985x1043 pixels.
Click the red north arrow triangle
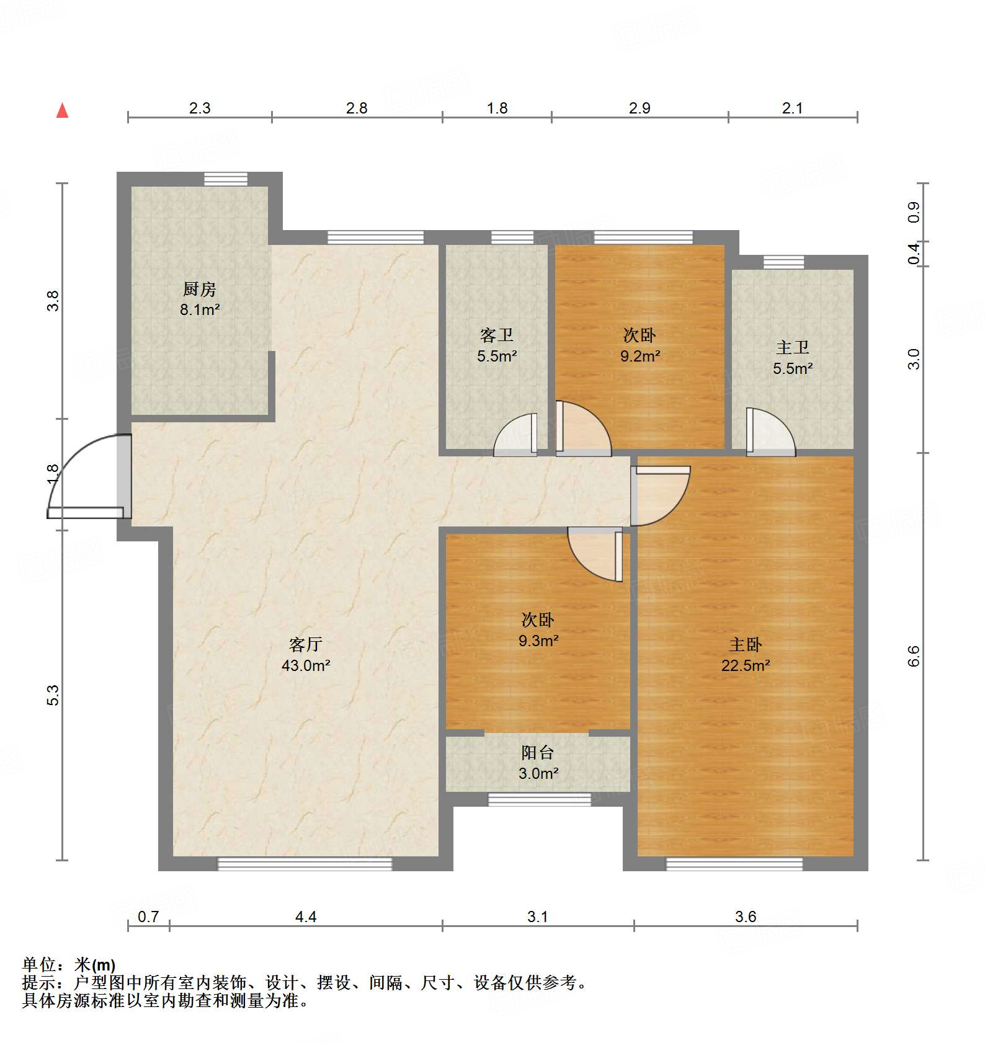[x=63, y=111]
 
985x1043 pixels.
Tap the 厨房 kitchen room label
[x=200, y=289]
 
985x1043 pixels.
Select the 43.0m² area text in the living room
[x=306, y=666]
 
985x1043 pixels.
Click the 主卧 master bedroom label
[x=745, y=645]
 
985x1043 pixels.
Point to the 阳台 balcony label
[x=538, y=753]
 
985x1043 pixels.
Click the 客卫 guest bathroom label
[x=497, y=335]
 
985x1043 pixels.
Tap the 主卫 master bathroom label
[x=792, y=348]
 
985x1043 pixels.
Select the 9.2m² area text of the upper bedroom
[x=640, y=357]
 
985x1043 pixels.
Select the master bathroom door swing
[x=770, y=432]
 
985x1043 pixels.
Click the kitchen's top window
[x=226, y=179]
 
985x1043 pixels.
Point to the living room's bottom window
[x=305, y=864]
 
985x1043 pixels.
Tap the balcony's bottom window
[x=539, y=799]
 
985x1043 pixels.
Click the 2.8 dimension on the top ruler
[x=357, y=109]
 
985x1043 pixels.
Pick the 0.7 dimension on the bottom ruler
[x=148, y=917]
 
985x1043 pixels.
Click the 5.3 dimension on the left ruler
[x=53, y=695]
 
